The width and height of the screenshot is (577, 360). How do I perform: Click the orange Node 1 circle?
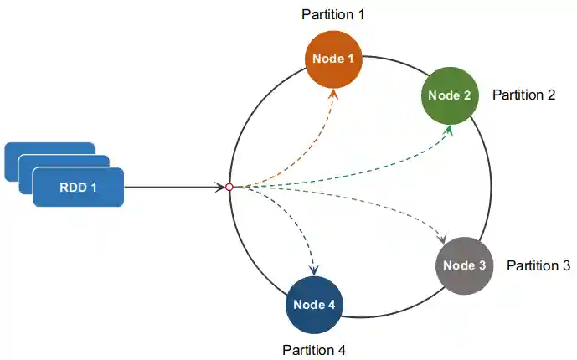click(x=333, y=59)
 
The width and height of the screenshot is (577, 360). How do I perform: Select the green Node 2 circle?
click(x=449, y=95)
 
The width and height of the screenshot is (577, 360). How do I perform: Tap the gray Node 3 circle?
click(x=464, y=265)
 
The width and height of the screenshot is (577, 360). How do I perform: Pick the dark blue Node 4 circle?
click(x=314, y=305)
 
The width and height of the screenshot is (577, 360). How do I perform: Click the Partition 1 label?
click(x=333, y=15)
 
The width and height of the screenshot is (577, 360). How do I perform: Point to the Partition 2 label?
click(x=523, y=95)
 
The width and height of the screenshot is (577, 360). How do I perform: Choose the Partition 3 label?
click(x=538, y=265)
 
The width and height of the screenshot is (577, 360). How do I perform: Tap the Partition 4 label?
click(x=314, y=350)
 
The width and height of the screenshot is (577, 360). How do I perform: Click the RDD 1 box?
click(x=78, y=187)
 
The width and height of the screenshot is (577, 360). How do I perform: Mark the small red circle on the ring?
click(x=229, y=187)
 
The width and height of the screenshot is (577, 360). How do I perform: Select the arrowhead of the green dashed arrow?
click(x=450, y=130)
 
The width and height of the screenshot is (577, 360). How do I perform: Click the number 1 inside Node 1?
click(x=351, y=59)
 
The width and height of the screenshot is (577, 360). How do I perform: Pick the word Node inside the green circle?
click(x=442, y=95)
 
